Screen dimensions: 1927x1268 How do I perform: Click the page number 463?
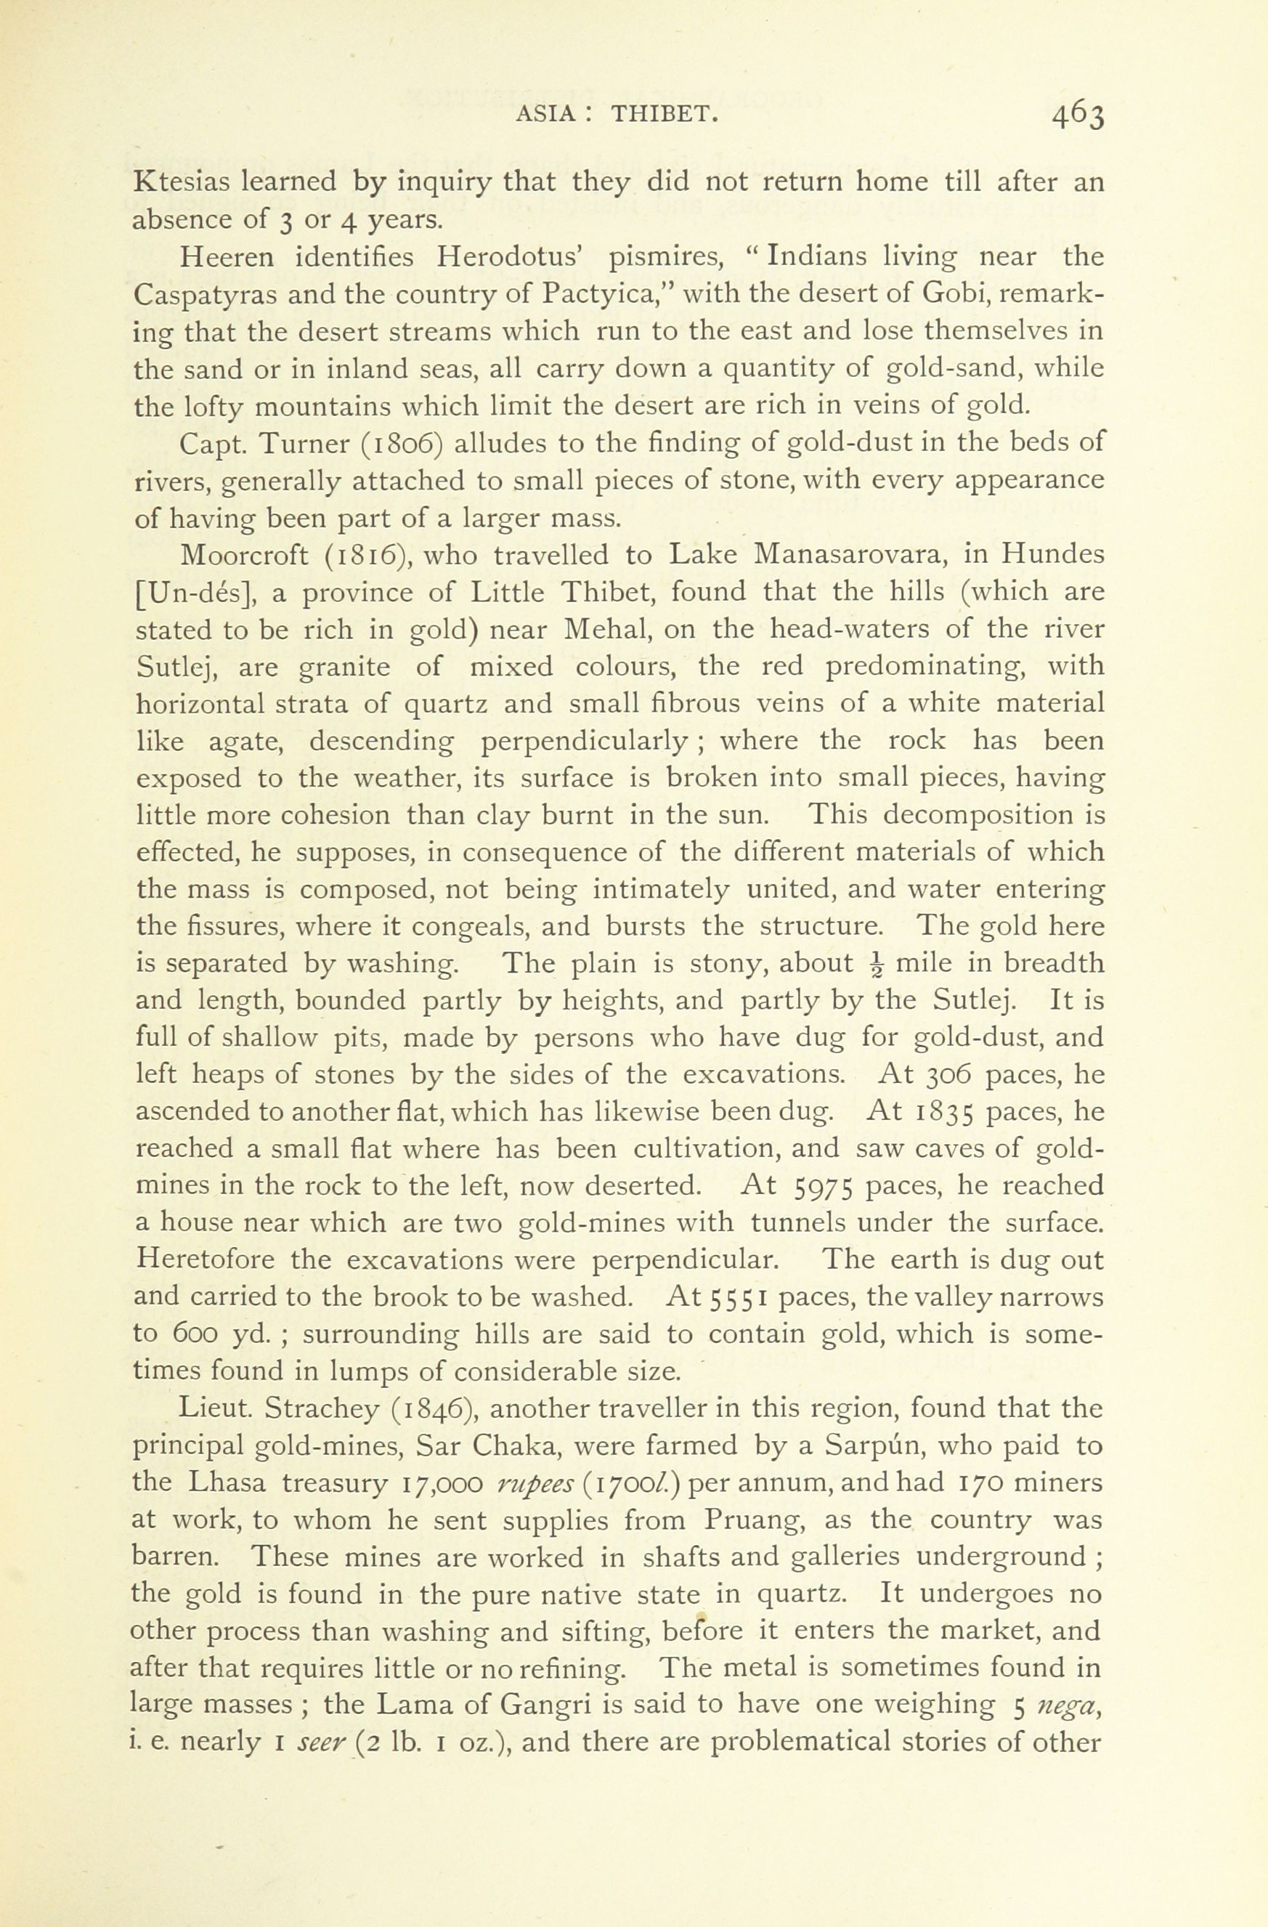(x=1078, y=118)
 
